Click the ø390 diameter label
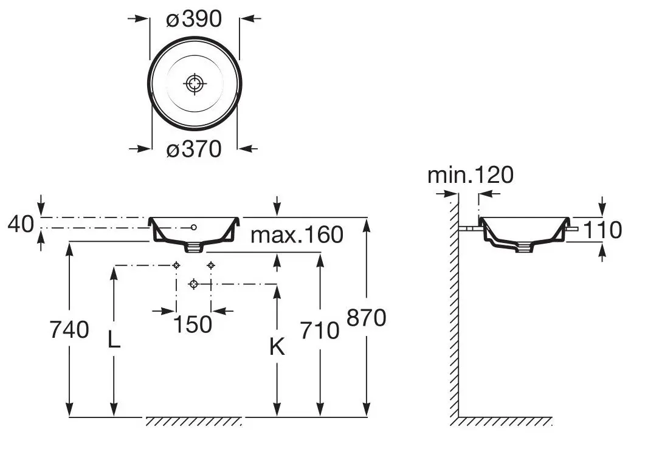click(x=194, y=19)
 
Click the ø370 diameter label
click(x=194, y=148)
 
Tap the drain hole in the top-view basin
click(x=194, y=83)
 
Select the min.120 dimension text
click(x=470, y=175)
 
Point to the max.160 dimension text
click(x=297, y=234)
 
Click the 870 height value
click(x=366, y=317)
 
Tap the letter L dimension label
click(x=114, y=340)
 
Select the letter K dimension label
click(x=277, y=347)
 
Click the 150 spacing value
click(x=193, y=324)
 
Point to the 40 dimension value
click(x=21, y=225)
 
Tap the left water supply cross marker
click(x=176, y=265)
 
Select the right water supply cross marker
click(x=211, y=265)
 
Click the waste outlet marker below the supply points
click(x=193, y=284)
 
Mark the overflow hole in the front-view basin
click(x=193, y=227)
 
